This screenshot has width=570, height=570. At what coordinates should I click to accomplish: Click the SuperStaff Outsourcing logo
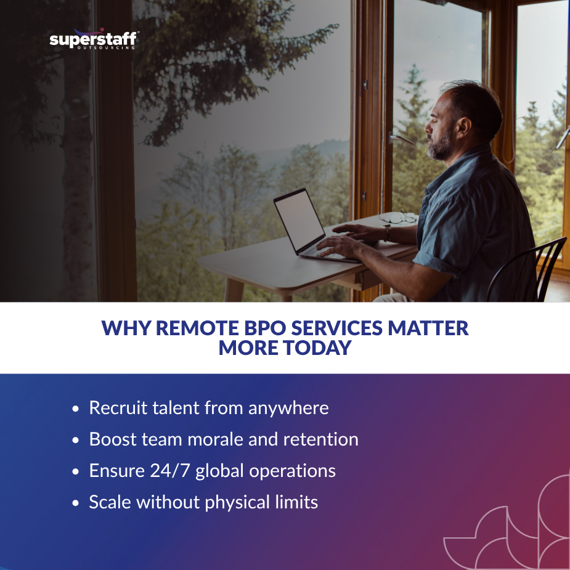pos(94,41)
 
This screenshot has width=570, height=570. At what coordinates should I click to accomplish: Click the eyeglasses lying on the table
pos(398,218)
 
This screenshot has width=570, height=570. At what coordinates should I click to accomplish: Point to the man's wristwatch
pos(388,233)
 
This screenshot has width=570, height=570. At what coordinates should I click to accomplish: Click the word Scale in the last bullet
pos(110,502)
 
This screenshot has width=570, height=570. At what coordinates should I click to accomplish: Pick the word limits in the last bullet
pos(295,502)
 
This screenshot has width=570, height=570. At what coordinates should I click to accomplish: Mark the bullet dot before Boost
pos(76,441)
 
